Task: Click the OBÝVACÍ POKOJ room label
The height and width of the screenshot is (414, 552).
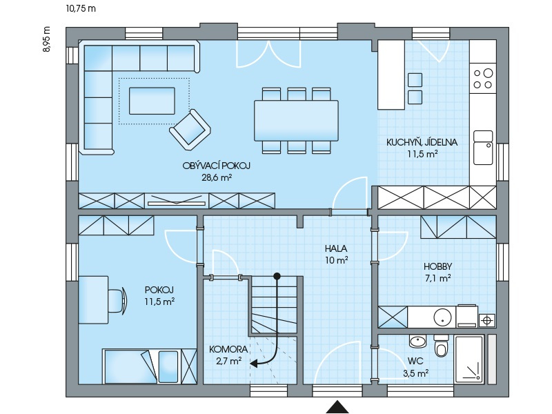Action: [216, 166]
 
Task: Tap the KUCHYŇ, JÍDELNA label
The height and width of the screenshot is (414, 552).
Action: [422, 142]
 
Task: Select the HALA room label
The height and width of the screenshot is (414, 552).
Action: [336, 248]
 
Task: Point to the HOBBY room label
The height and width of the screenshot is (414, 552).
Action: [437, 266]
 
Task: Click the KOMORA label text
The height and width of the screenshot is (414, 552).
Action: [228, 349]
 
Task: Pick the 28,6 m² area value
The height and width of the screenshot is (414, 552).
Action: [217, 177]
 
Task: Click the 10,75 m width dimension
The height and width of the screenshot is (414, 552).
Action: [81, 8]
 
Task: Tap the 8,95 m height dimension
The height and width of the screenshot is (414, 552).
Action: [47, 39]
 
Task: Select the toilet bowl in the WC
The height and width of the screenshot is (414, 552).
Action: [441, 346]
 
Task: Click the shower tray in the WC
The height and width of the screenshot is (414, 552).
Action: [469, 359]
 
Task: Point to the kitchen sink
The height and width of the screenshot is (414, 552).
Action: [483, 148]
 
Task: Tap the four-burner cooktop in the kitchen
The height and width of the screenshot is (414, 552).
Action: [483, 79]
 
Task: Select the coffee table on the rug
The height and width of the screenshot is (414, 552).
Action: [152, 101]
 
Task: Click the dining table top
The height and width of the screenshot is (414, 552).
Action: [297, 121]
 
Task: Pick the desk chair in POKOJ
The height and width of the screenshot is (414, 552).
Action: [118, 300]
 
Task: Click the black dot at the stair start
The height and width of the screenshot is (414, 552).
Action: [277, 277]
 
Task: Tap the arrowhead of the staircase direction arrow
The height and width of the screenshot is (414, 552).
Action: [253, 364]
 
